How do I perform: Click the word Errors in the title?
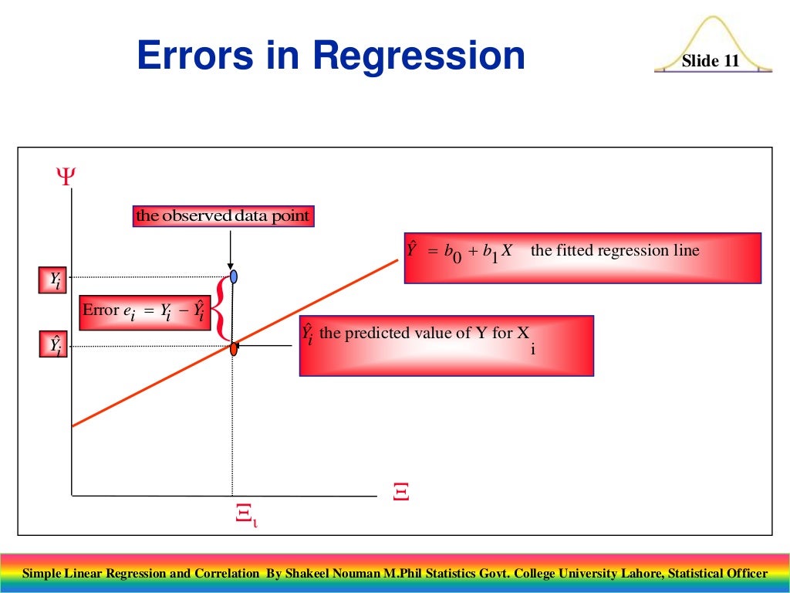pos(194,56)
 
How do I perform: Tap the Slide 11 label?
pos(711,61)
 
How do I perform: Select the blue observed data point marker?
pos(233,276)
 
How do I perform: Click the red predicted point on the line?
pos(233,348)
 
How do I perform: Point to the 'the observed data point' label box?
pos(223,216)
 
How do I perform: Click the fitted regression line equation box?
pos(582,258)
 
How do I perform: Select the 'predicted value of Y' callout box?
pos(446,345)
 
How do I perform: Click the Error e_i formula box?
pos(145,311)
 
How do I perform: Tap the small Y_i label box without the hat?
pos(54,280)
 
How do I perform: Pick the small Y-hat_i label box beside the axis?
pos(54,344)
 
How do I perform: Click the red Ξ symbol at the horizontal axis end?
pos(400,491)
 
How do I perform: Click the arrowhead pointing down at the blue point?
pos(231,264)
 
